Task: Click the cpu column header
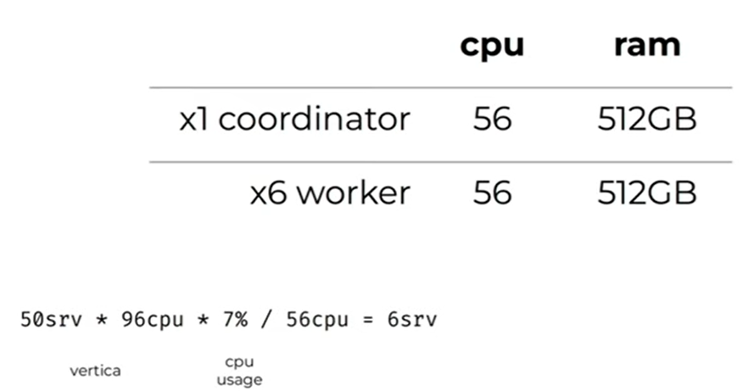coord(492,46)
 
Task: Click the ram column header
coord(647,44)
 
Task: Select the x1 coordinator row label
coord(294,120)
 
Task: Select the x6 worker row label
coord(330,194)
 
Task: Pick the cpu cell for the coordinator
coord(492,120)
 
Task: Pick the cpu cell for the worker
coord(492,194)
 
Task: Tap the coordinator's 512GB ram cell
coord(647,120)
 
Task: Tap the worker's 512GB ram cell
coord(647,194)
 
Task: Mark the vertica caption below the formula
coord(95,371)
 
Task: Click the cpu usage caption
coord(239,371)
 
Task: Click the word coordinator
coord(314,120)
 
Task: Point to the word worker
coord(355,194)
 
